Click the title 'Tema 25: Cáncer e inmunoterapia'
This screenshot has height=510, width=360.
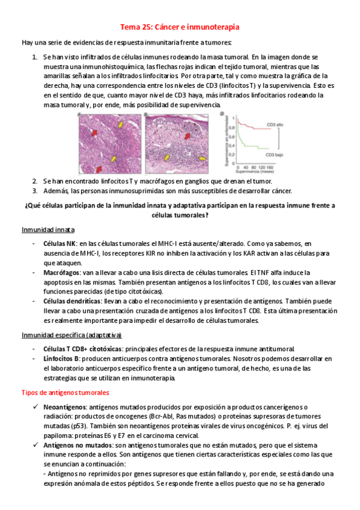point(180,27)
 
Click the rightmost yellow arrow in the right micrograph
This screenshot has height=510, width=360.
point(202,158)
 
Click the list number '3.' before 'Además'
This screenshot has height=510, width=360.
point(35,191)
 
